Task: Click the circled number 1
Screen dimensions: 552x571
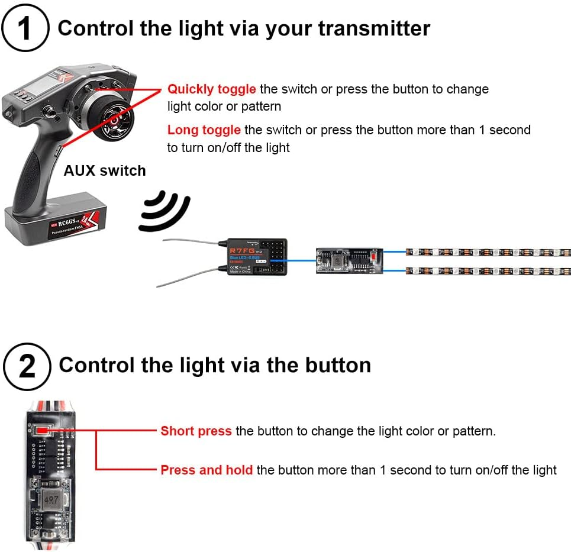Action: (25, 28)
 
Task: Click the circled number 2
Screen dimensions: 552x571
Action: (27, 366)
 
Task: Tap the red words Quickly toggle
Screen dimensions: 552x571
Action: (211, 89)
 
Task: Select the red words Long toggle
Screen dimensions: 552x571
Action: (204, 130)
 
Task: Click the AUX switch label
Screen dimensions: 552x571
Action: (105, 171)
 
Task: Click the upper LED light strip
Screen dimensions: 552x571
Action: (488, 252)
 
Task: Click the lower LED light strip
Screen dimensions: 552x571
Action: (488, 272)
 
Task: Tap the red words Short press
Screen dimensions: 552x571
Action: (196, 431)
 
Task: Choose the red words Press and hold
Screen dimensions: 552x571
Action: (207, 470)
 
